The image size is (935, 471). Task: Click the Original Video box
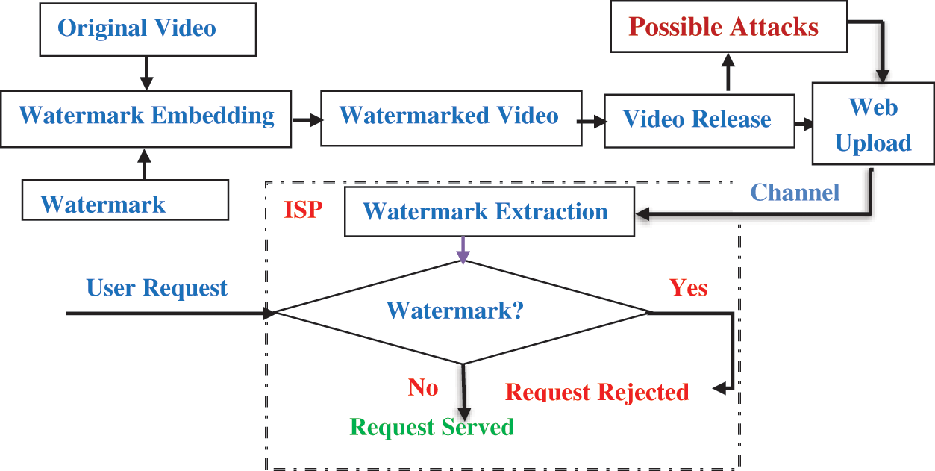[x=147, y=29]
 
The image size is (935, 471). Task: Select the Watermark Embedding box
[x=146, y=118]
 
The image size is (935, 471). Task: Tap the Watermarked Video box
[x=451, y=117]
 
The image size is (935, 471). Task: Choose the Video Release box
[x=698, y=120]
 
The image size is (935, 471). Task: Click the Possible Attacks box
[x=728, y=28]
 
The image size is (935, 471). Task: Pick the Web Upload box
[x=873, y=125]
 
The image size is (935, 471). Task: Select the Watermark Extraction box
[x=488, y=212]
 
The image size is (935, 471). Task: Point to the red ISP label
[x=303, y=210]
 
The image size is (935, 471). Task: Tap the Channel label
[x=795, y=193]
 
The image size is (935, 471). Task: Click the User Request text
[x=157, y=288]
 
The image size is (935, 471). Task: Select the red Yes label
[x=688, y=287]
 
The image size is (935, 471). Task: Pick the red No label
[x=422, y=387]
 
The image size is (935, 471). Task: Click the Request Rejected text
[x=597, y=392]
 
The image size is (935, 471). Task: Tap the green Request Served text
[x=432, y=427]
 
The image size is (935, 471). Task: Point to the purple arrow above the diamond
[x=463, y=250]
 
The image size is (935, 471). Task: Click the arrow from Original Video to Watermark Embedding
[x=146, y=72]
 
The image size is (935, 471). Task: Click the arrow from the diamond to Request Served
[x=466, y=392]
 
